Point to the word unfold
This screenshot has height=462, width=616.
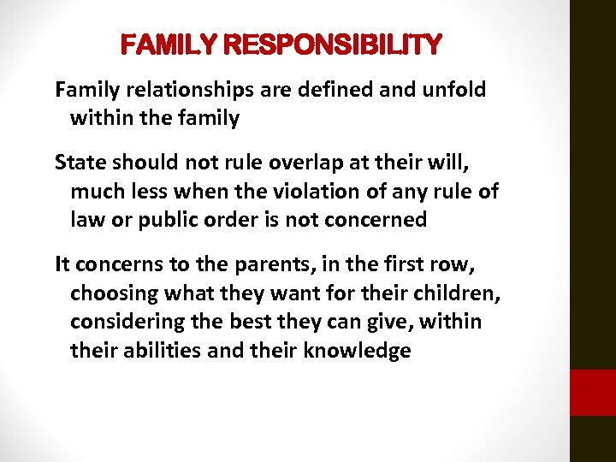point(454,90)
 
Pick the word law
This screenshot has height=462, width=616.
point(86,220)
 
